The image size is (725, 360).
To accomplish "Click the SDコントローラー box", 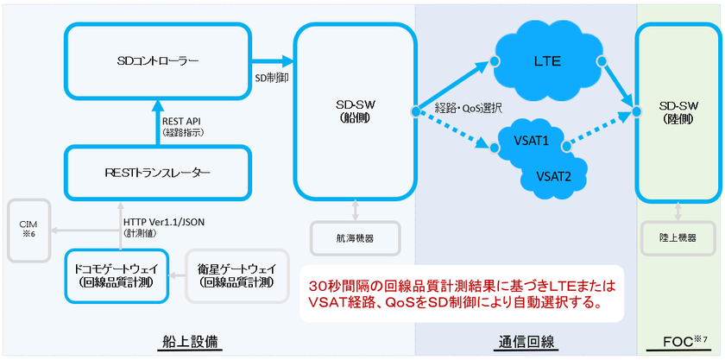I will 157,61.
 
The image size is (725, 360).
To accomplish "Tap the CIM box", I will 28,231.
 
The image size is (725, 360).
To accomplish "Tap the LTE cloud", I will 547,61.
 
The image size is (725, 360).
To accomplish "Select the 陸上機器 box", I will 677,236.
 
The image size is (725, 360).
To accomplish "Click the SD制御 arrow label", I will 272,77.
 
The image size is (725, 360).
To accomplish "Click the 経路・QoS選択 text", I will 470,108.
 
